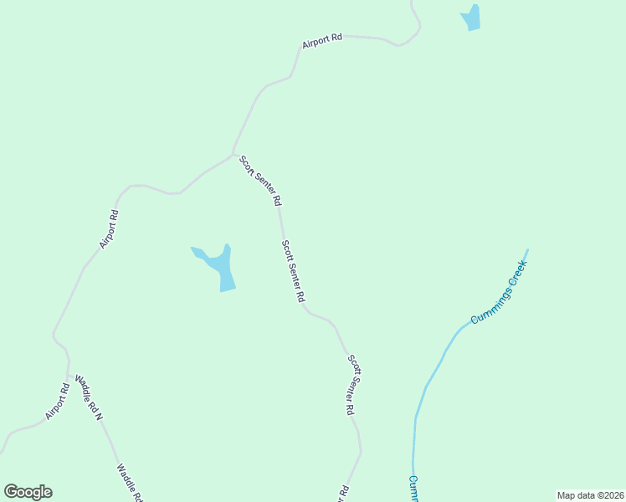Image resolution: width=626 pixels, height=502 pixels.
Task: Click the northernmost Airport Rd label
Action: tap(322, 40)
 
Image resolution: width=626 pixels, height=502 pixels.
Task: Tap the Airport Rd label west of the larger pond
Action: tap(109, 228)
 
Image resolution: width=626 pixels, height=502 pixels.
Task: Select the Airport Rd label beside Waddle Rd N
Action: tap(57, 401)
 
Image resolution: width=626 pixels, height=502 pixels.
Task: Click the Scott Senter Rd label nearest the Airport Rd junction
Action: tap(260, 181)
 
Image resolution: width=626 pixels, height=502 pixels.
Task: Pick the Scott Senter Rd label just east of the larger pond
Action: tap(293, 271)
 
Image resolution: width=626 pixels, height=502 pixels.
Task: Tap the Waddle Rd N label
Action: tap(88, 397)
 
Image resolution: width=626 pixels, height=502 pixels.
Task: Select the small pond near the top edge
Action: tap(472, 18)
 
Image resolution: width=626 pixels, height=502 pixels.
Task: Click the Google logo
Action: tap(28, 492)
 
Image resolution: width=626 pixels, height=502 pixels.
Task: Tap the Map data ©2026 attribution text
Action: tap(590, 494)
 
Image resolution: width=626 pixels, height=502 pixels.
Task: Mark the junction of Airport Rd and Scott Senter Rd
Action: tap(233, 154)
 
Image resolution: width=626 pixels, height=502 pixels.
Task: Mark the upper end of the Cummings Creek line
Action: tap(527, 249)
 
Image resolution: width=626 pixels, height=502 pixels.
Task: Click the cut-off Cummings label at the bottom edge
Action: tap(414, 490)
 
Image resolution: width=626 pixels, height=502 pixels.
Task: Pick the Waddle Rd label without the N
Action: tap(131, 483)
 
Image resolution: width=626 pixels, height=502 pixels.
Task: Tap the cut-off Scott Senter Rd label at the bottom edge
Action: tap(343, 494)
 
